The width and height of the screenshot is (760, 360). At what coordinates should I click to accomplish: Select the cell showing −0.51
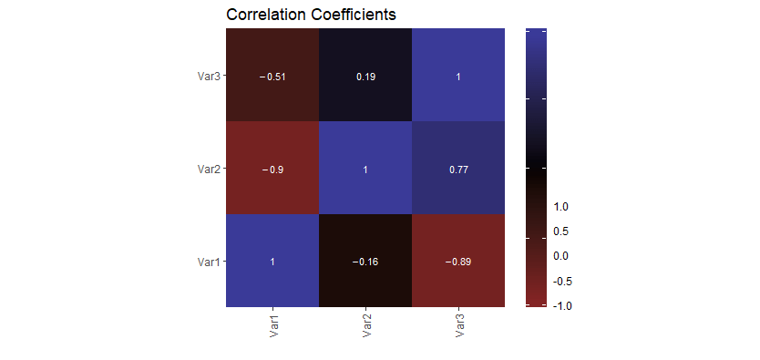(x=272, y=77)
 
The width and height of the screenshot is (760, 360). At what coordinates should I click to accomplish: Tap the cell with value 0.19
(x=365, y=77)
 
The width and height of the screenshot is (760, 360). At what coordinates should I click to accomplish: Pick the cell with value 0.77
(x=457, y=170)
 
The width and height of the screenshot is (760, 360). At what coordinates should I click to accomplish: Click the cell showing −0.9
(x=272, y=170)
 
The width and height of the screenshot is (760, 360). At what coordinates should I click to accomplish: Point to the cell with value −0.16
(x=365, y=262)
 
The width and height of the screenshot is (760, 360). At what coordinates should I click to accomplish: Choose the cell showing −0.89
(x=457, y=262)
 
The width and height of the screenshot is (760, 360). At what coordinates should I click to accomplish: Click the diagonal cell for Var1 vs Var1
(x=272, y=262)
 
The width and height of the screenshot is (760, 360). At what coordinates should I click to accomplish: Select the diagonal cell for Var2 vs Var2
(x=365, y=170)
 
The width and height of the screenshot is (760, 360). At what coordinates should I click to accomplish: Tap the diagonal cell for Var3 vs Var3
(x=457, y=77)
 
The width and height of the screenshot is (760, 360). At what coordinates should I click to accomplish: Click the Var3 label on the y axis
(x=209, y=77)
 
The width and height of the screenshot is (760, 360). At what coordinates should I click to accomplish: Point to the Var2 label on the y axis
(x=209, y=170)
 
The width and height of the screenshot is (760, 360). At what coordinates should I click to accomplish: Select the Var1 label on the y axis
(x=209, y=262)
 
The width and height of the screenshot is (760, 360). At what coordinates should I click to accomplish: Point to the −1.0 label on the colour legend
(x=561, y=306)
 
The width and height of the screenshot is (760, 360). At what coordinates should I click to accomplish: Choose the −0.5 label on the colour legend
(x=561, y=281)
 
